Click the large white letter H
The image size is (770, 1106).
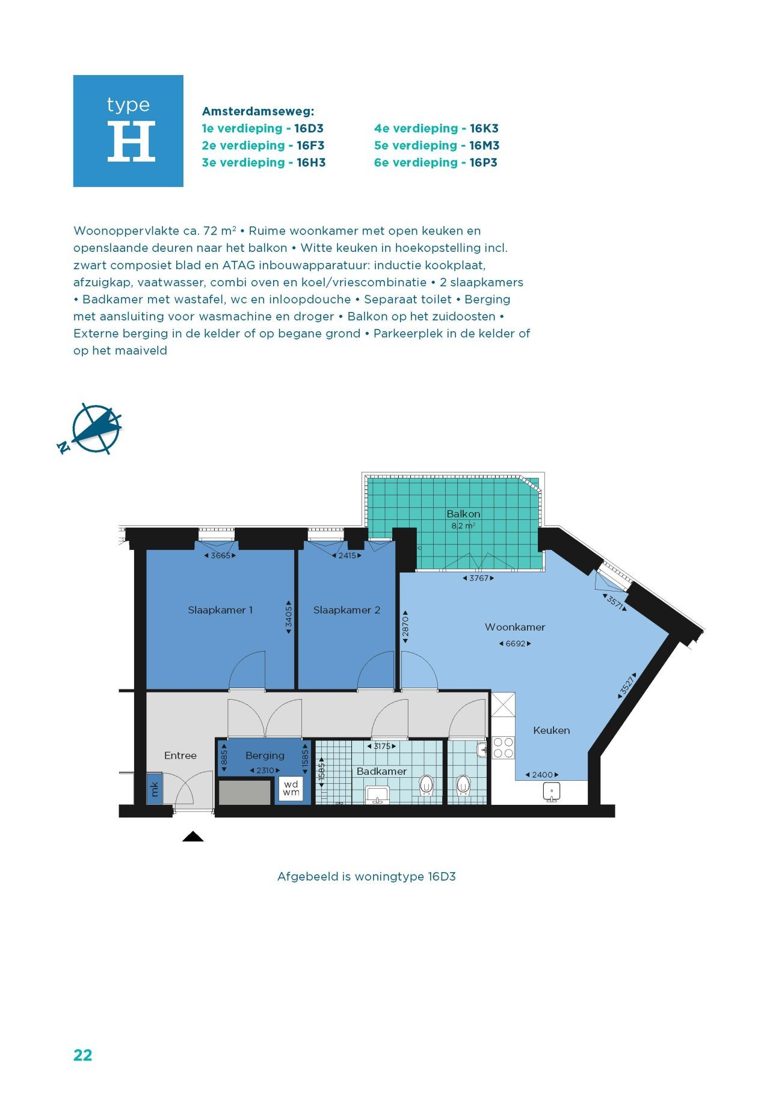(x=131, y=141)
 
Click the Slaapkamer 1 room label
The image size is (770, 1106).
(x=220, y=610)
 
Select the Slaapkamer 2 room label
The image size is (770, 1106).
(x=346, y=610)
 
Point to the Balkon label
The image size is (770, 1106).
(x=463, y=514)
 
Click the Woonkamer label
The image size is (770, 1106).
(x=515, y=627)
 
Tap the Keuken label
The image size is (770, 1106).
(x=551, y=730)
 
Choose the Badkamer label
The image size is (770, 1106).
(x=381, y=771)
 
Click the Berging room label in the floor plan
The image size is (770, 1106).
(x=265, y=756)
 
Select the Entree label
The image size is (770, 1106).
(x=180, y=756)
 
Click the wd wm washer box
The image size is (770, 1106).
(x=291, y=788)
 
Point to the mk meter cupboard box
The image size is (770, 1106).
(x=155, y=789)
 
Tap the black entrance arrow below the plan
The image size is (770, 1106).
(x=193, y=836)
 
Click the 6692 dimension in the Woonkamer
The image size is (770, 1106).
(x=515, y=644)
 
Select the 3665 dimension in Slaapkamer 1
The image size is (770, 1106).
(x=220, y=555)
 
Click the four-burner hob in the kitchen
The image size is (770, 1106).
(x=503, y=748)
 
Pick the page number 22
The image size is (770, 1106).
(x=82, y=1055)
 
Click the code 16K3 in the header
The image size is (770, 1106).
(x=484, y=128)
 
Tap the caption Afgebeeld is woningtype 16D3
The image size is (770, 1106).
(x=366, y=876)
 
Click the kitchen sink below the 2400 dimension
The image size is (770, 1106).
(x=552, y=792)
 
